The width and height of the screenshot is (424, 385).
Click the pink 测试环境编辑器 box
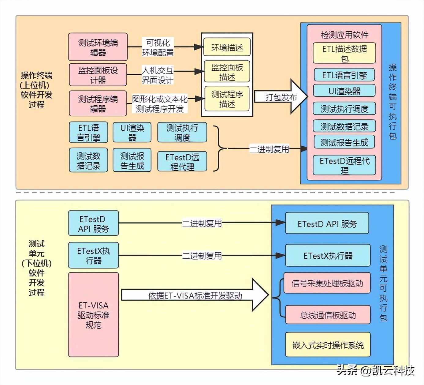coord(98,47)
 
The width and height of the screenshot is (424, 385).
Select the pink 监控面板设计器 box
coord(98,75)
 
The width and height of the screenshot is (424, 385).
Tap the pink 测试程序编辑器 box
coord(98,103)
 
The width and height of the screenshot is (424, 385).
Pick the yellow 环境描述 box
coord(227,47)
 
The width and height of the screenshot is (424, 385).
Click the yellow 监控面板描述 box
coord(227,72)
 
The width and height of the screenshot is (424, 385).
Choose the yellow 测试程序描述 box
coord(227,99)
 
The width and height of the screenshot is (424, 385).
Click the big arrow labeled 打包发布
coord(280,97)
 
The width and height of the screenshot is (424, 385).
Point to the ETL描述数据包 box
coord(344,53)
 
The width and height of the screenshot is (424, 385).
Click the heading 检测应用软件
coord(344,35)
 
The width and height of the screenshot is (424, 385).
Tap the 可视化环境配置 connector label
coord(158,47)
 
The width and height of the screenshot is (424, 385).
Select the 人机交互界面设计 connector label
coord(158,75)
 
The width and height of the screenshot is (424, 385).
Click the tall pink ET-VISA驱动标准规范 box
coord(93,315)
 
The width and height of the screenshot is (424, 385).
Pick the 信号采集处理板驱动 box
coord(327,283)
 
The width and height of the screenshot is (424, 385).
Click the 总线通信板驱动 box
coord(328,315)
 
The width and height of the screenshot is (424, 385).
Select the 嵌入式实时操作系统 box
coord(328,345)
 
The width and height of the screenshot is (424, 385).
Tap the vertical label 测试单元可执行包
coord(383,283)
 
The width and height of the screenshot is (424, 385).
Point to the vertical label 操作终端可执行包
coord(392,101)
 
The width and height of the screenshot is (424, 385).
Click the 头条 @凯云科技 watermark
coord(375,370)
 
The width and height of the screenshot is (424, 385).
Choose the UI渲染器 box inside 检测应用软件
coord(344,91)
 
